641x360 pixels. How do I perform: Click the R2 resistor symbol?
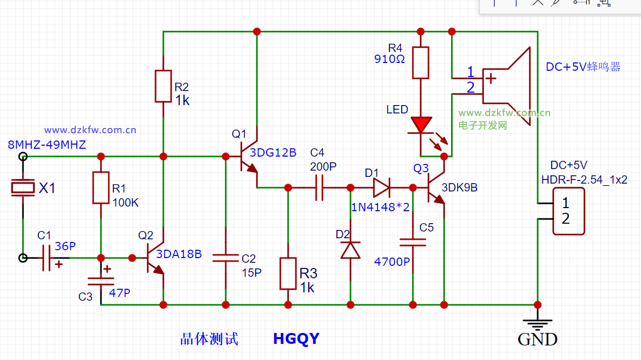pyautogui.click(x=163, y=86)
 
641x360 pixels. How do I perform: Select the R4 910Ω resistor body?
pyautogui.click(x=421, y=62)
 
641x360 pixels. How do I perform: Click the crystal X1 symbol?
pyautogui.click(x=23, y=188)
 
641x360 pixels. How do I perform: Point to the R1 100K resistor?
pyautogui.click(x=101, y=188)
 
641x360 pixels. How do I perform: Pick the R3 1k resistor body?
pyautogui.click(x=288, y=273)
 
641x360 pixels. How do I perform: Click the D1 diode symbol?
pyautogui.click(x=381, y=187)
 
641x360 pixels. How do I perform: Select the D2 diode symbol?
pyautogui.click(x=350, y=250)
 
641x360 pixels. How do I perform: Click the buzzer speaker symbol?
pyautogui.click(x=507, y=86)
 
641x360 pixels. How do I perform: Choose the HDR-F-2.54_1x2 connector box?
pyautogui.click(x=568, y=211)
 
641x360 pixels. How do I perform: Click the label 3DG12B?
pyautogui.click(x=273, y=152)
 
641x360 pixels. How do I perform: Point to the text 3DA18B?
pyautogui.click(x=179, y=254)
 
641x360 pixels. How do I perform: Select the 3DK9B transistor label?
pyautogui.click(x=460, y=188)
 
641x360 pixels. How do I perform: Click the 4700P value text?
pyautogui.click(x=392, y=262)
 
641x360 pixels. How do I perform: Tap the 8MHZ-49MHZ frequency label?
pyautogui.click(x=47, y=145)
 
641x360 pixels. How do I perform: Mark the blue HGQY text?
pyautogui.click(x=296, y=339)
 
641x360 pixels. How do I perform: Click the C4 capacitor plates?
pyautogui.click(x=319, y=187)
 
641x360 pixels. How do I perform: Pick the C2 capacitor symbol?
pyautogui.click(x=226, y=259)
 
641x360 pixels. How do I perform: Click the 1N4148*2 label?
pyautogui.click(x=381, y=207)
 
